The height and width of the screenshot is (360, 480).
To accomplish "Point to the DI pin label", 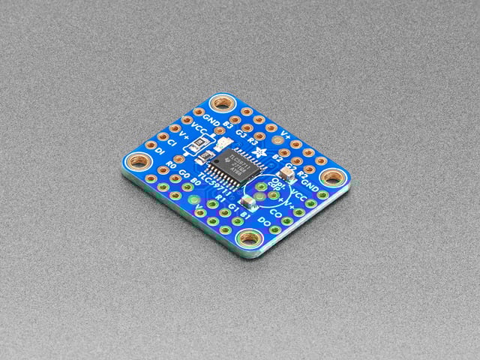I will (x=160, y=151).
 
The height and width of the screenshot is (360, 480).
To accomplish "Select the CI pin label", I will (x=172, y=142).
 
